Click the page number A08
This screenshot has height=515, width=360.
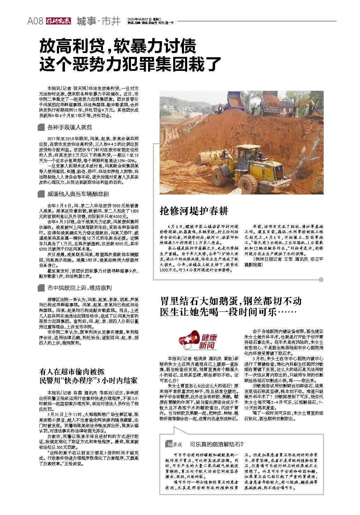35,21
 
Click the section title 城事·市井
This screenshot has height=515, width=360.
98,21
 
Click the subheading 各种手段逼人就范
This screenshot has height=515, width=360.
69,127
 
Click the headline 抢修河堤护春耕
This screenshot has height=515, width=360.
194,211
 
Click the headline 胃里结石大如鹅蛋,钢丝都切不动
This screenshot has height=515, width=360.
230,301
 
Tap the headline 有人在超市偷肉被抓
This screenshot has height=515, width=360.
72,371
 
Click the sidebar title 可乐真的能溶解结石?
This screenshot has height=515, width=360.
216,444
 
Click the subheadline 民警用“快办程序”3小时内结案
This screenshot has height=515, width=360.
88,380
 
